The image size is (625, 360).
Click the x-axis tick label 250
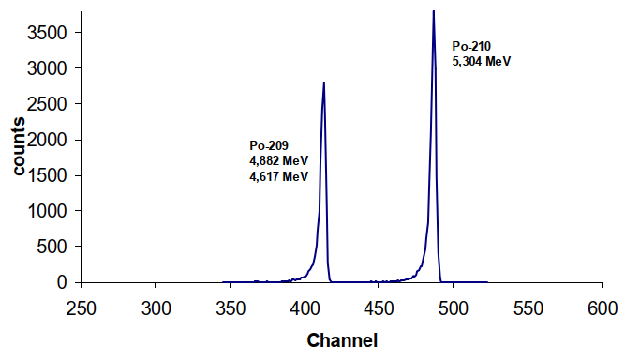[x=82, y=307]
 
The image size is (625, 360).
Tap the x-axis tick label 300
[x=156, y=307]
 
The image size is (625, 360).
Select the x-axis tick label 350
[x=231, y=307]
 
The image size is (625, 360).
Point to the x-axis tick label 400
[x=305, y=307]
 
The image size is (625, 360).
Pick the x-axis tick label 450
[x=379, y=307]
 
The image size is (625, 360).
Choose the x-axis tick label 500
[x=454, y=307]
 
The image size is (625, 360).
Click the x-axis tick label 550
[x=528, y=307]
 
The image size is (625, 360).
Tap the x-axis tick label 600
[x=602, y=307]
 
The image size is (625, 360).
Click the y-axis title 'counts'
[x=18, y=146]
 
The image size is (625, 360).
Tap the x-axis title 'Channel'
[x=342, y=338]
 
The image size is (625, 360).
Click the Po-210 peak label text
[x=471, y=46]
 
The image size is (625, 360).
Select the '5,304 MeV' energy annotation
[x=482, y=61]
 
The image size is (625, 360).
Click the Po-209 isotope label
[x=268, y=145]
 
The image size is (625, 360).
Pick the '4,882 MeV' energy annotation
[x=278, y=160]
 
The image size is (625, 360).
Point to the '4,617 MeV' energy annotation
[x=278, y=175]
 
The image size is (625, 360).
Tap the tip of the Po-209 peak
[x=323, y=82]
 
